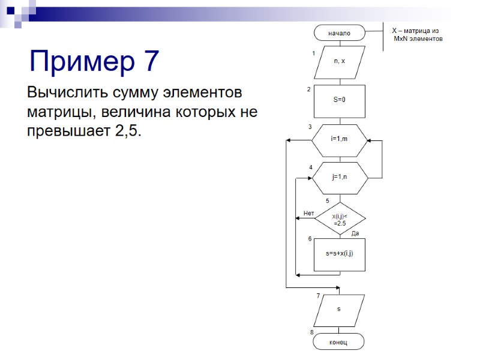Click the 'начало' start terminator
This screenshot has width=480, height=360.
(x=339, y=33)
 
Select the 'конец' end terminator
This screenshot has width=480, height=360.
(x=338, y=342)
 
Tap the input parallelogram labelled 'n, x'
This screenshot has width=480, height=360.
(x=339, y=62)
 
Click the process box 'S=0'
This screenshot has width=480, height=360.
(x=339, y=100)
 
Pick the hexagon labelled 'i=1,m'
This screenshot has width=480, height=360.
(x=339, y=139)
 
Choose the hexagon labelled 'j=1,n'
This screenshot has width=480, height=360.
(x=339, y=178)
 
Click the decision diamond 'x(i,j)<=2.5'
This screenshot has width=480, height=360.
(x=340, y=219)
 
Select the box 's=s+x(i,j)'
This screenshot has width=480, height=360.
(x=340, y=254)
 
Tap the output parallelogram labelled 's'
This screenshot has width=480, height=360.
(x=338, y=310)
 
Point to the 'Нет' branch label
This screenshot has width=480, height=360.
(x=309, y=213)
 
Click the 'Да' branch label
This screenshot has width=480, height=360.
(x=355, y=233)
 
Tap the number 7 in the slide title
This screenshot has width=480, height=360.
(x=151, y=61)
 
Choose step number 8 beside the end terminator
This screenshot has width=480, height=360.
(x=312, y=332)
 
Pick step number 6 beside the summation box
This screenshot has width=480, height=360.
(x=310, y=239)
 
